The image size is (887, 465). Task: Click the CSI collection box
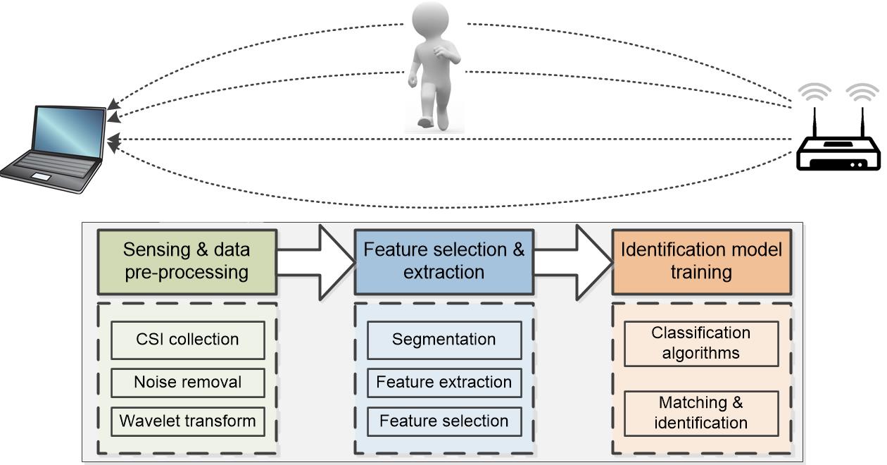click(187, 340)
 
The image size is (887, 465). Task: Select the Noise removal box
click(187, 383)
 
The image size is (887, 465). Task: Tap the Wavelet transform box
click(187, 421)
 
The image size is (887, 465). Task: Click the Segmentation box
click(444, 340)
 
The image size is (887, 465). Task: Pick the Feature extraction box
click(444, 383)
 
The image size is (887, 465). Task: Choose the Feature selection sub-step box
click(444, 421)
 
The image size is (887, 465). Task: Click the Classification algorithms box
click(700, 343)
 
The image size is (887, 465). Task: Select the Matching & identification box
click(700, 413)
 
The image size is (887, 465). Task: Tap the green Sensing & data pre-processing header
click(187, 261)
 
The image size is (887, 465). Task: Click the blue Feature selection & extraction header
click(444, 261)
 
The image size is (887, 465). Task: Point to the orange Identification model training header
click(700, 261)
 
